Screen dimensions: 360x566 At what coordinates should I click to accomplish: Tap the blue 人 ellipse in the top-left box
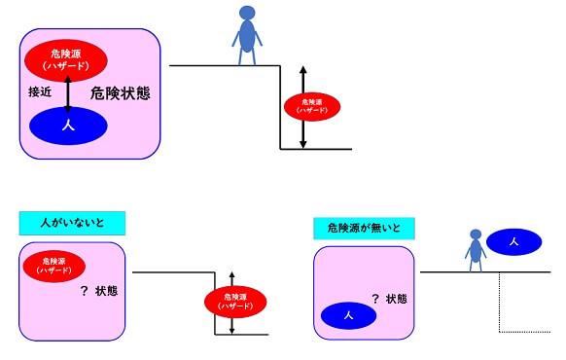tap(68, 126)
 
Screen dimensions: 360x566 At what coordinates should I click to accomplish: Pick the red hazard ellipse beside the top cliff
tap(311, 105)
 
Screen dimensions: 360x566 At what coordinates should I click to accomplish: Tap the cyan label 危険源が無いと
tap(364, 228)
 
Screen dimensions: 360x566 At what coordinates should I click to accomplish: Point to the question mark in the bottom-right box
tap(374, 299)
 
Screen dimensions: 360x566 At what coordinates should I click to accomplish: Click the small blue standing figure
tap(476, 250)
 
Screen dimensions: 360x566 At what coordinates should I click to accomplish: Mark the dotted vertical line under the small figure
tap(499, 302)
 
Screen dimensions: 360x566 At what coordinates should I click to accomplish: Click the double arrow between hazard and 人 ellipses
tap(68, 92)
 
